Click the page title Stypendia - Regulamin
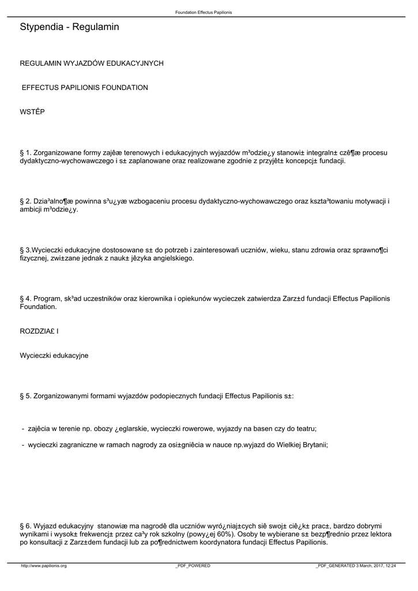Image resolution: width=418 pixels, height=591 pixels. (x=69, y=27)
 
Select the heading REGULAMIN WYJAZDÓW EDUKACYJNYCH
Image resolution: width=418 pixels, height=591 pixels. (x=92, y=63)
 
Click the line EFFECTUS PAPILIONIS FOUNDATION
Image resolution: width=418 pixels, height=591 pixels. (x=85, y=88)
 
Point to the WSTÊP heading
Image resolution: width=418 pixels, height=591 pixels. (x=32, y=111)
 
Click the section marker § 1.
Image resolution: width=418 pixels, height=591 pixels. (x=25, y=153)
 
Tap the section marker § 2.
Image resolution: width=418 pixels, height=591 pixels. (x=25, y=201)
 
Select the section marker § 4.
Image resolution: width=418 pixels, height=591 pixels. (x=25, y=298)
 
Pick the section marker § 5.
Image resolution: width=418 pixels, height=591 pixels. (x=25, y=396)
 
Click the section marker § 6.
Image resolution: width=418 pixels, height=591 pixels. (x=25, y=526)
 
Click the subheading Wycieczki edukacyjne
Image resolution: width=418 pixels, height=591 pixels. (x=54, y=356)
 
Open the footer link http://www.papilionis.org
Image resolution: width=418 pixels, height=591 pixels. (x=44, y=566)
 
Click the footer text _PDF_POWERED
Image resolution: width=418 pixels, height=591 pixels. (x=193, y=566)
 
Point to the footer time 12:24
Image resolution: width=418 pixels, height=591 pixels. (x=390, y=566)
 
